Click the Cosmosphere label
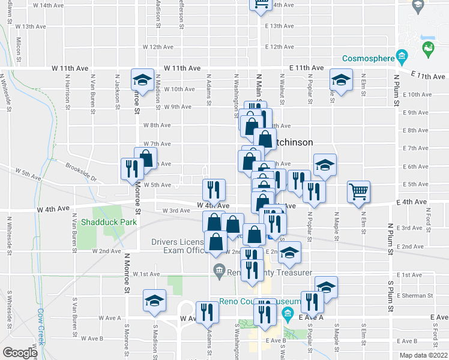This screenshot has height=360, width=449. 367,59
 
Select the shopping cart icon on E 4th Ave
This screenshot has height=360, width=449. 359,193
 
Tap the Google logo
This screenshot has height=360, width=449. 20,353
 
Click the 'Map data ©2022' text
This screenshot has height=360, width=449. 423,355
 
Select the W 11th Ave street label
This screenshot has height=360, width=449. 72,68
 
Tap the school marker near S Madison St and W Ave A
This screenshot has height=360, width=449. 154,301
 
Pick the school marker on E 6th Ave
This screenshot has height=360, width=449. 325,165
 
